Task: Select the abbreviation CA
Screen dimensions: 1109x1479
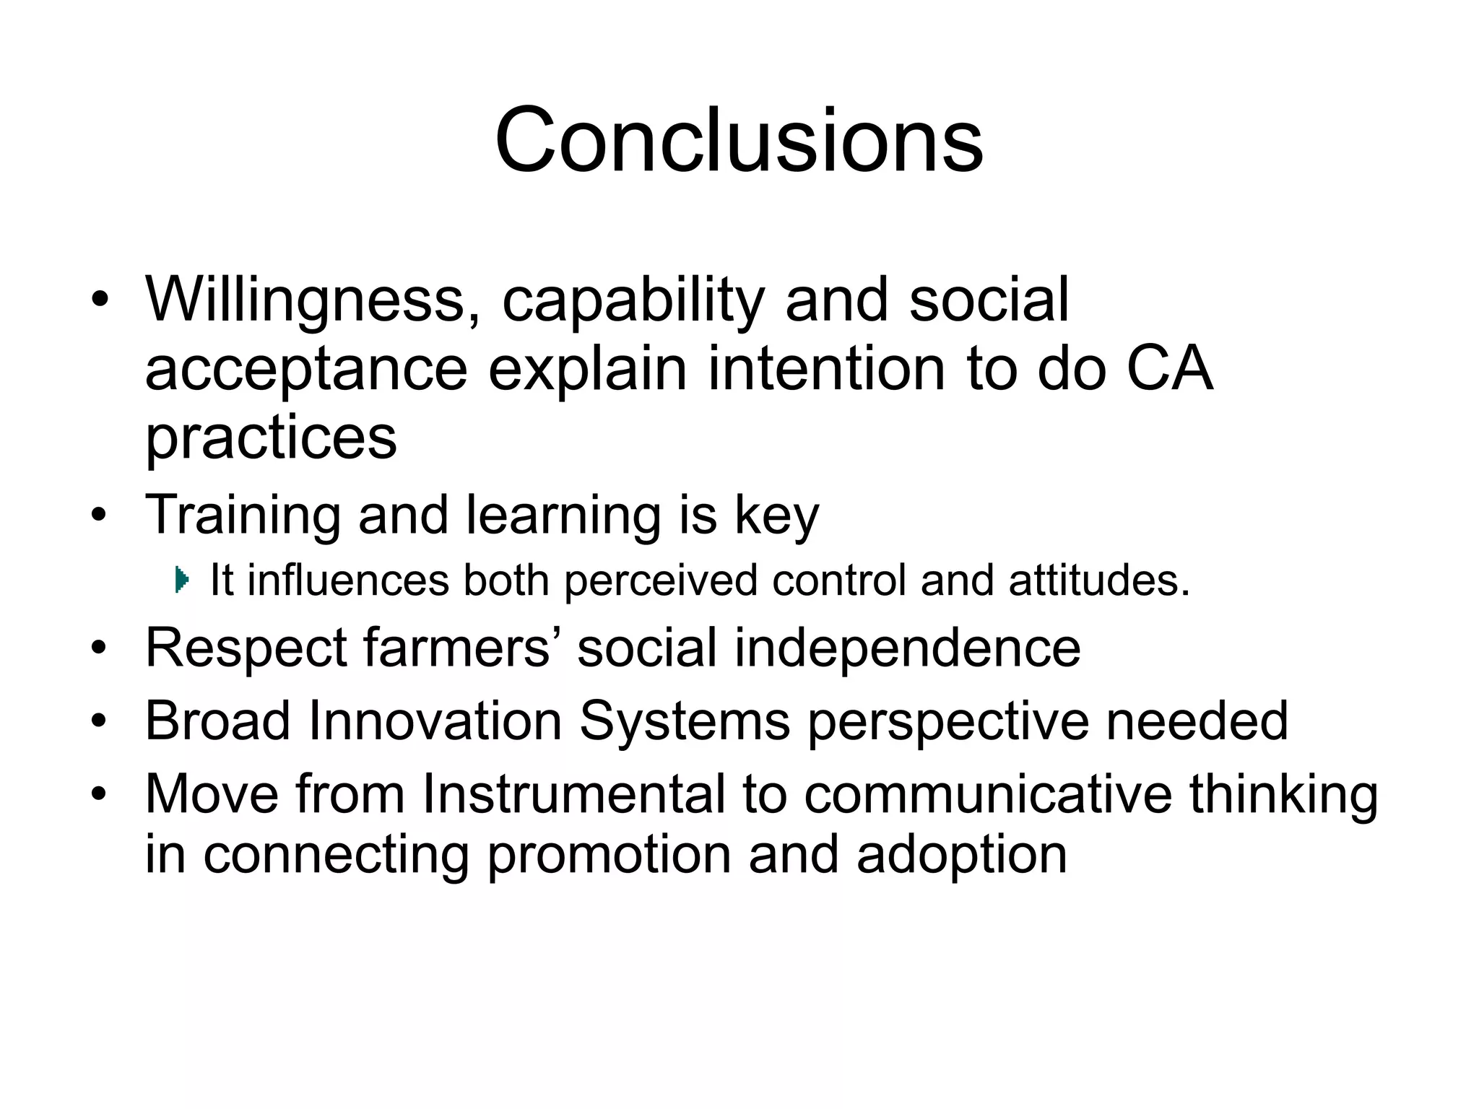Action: tap(1169, 368)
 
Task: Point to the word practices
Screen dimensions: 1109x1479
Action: tap(271, 439)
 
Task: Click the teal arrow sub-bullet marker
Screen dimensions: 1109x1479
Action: tap(182, 580)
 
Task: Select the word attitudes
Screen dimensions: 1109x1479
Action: tap(1098, 580)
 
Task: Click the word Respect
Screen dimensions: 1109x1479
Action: tap(246, 648)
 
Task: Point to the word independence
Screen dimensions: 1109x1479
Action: tap(908, 647)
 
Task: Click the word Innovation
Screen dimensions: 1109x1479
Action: tap(435, 720)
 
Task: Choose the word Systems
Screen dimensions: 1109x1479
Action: tap(685, 720)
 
